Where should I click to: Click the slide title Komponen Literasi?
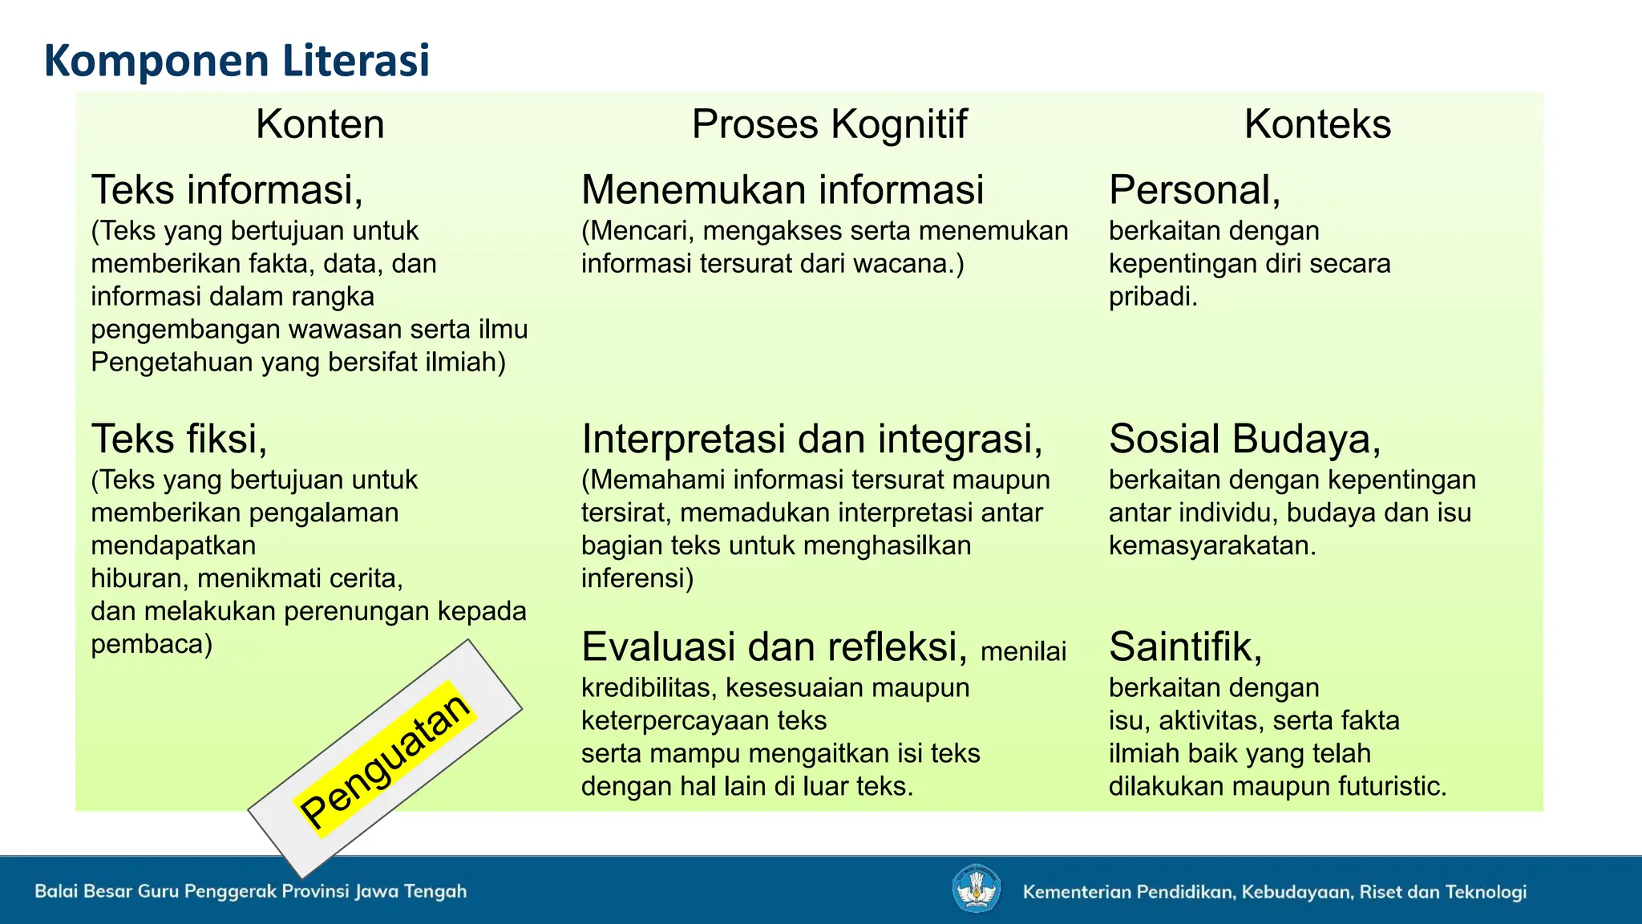click(237, 61)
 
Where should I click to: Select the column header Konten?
click(320, 124)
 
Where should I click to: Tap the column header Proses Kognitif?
click(829, 124)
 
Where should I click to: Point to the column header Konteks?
click(1316, 124)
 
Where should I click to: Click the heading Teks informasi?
click(227, 190)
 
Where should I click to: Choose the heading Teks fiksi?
click(179, 440)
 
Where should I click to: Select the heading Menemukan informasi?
click(782, 190)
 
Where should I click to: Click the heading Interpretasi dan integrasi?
click(811, 440)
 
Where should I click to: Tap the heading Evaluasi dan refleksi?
click(774, 647)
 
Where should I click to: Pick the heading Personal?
click(1194, 190)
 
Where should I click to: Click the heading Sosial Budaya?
click(1244, 440)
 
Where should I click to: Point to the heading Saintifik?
click(1185, 647)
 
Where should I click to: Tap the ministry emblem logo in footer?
click(976, 889)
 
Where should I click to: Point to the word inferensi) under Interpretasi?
click(637, 578)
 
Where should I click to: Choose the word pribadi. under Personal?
click(1152, 297)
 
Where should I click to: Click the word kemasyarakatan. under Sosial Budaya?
click(1211, 546)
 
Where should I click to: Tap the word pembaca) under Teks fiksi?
click(152, 644)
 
